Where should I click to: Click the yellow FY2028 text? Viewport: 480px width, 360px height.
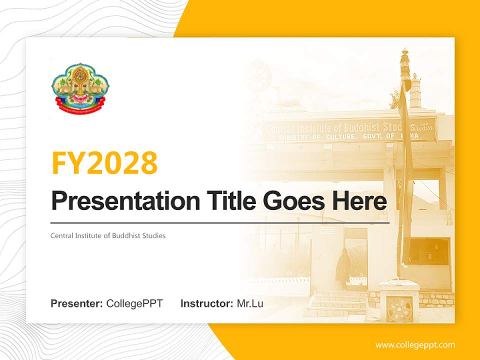coord(104,162)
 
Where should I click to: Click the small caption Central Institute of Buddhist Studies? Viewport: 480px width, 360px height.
coord(107,235)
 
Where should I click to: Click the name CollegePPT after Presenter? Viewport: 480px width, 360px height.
coord(134,303)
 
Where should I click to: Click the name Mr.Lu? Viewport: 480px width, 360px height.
coord(250,303)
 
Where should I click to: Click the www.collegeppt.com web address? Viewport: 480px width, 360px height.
coord(415,344)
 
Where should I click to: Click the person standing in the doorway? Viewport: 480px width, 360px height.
coord(343,267)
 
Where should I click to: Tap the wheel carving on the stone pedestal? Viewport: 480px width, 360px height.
coord(399,309)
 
